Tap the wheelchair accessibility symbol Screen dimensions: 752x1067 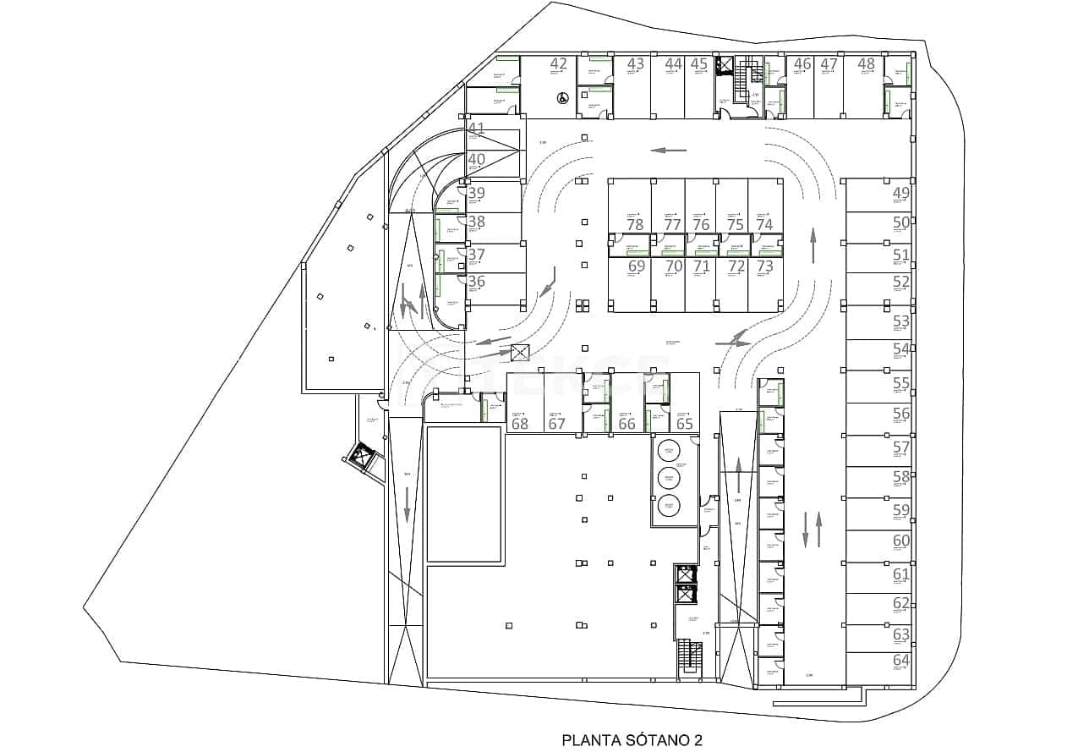(561, 97)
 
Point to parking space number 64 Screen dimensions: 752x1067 (901, 660)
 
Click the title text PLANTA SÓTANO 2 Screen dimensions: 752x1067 (632, 740)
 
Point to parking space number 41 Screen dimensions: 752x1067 (477, 129)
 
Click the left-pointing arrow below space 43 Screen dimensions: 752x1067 (669, 151)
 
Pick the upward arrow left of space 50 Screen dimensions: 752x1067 (813, 245)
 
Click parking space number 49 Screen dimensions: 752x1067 (901, 193)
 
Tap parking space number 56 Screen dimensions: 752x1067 (901, 414)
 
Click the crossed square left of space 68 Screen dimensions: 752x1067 (520, 353)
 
